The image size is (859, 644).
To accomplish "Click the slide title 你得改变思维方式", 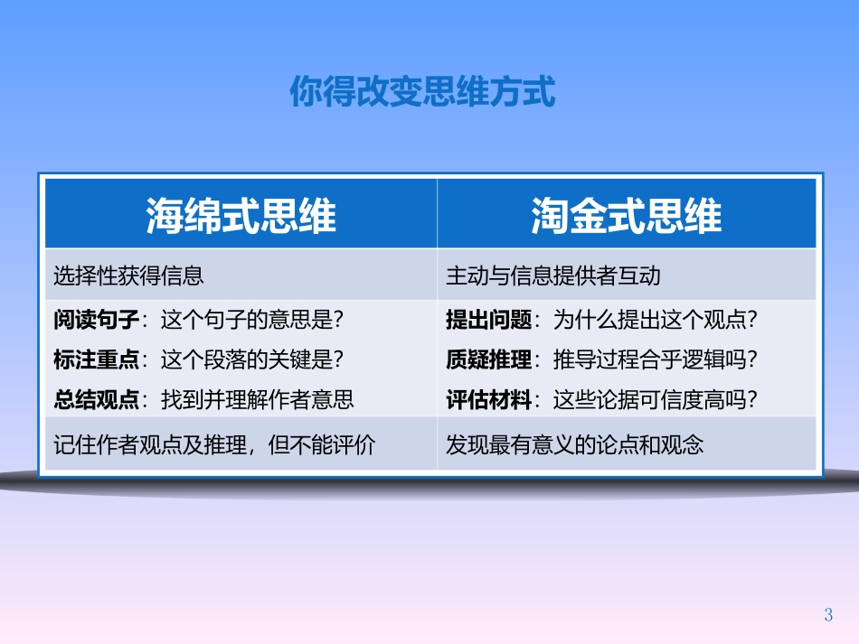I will (422, 92).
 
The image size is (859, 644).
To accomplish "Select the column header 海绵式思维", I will (241, 216).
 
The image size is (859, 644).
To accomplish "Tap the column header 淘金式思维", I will (627, 216).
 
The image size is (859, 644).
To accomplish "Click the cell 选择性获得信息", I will (128, 275).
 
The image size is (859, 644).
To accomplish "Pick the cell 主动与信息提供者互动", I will (553, 275).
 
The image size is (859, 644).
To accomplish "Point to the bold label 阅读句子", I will (96, 320).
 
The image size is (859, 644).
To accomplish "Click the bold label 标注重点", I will (96, 359).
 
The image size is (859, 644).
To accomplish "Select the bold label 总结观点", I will (96, 399).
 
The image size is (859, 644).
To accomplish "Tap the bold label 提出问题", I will (488, 320).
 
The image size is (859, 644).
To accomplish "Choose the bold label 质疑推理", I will (488, 359).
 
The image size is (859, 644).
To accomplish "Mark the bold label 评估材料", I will (488, 399).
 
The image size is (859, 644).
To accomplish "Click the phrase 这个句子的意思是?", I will (252, 320).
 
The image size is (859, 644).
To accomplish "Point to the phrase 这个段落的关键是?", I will (252, 359).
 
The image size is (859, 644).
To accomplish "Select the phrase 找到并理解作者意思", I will (257, 399).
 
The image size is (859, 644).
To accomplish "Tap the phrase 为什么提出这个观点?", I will (656, 320).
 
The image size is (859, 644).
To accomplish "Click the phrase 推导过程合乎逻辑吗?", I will (656, 359).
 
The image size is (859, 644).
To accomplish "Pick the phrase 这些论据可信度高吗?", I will (656, 399).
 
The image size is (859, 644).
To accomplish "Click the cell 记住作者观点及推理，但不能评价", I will (213, 444).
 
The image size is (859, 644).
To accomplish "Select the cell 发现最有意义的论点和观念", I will (574, 444).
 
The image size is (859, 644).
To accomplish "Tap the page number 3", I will (828, 616).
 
